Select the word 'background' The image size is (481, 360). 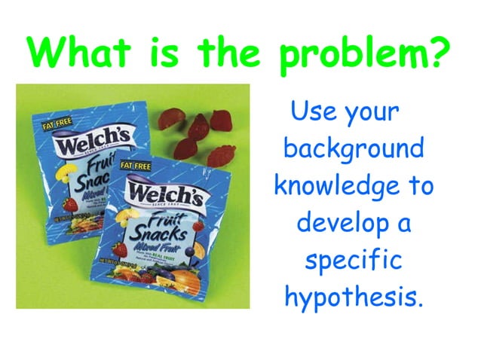(x=354, y=148)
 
